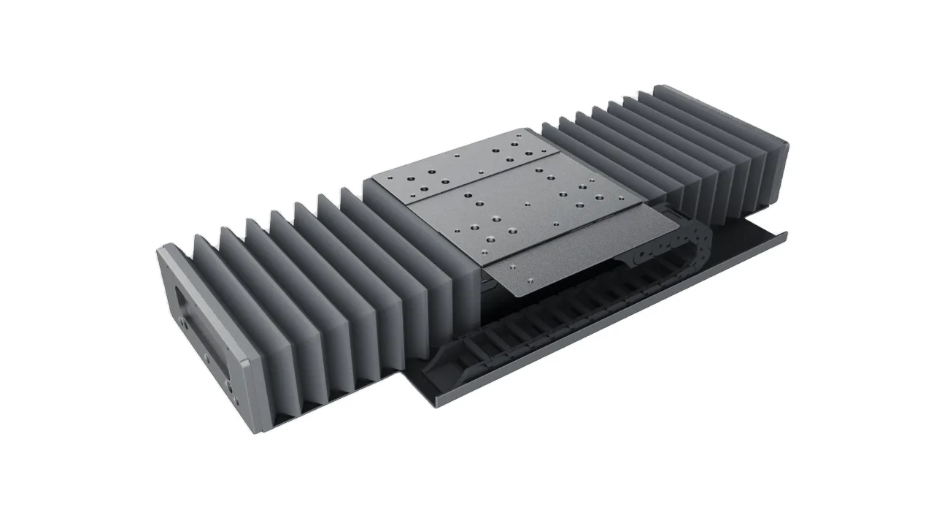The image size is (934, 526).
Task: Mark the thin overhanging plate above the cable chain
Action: [576, 256]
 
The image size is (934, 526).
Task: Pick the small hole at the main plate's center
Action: [525, 205]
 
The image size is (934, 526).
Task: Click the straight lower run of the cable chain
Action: [555, 321]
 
